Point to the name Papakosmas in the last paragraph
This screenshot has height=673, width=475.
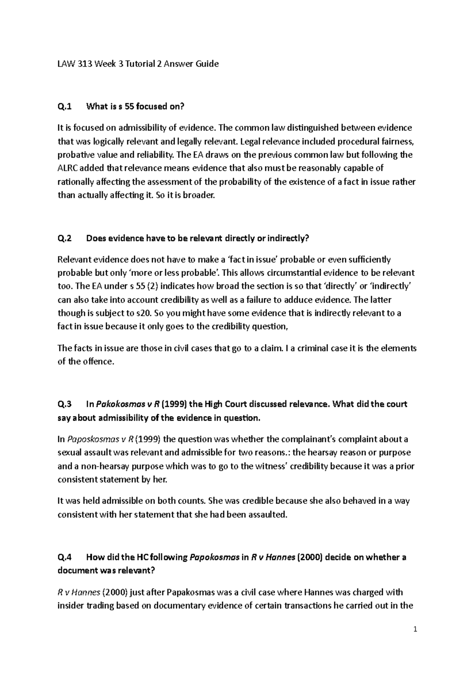(191, 592)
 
